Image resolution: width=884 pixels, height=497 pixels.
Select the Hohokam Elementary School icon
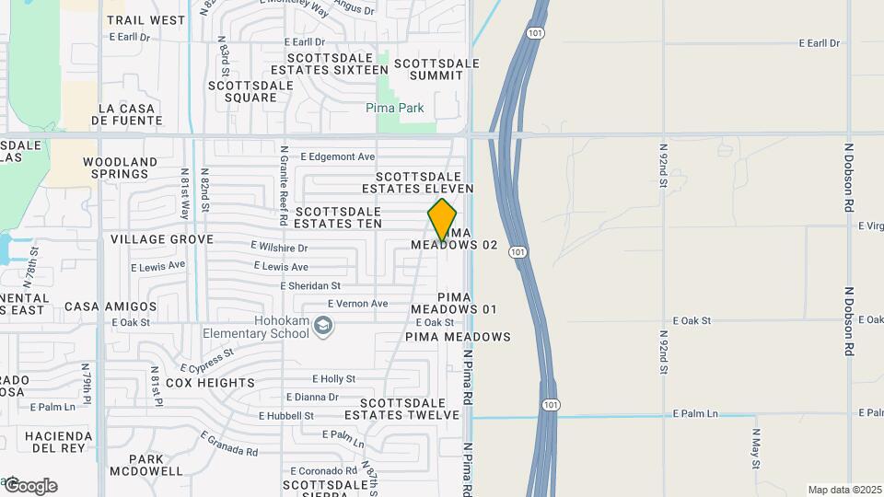323,325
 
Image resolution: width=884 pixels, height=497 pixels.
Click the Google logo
30,486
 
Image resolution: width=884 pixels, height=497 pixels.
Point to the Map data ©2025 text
844,490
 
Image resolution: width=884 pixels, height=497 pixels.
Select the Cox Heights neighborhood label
211,383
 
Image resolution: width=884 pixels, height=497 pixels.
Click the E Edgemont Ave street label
337,156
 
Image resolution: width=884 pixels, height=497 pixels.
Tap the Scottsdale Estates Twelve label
409,409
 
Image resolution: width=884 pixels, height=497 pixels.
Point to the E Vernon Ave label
357,304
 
